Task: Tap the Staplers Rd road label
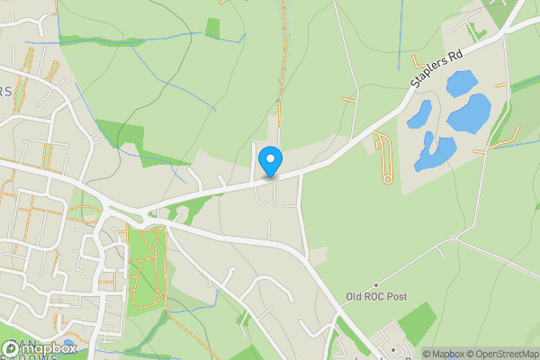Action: (x=436, y=69)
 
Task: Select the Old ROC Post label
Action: (x=377, y=296)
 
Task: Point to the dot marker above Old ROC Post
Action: (x=377, y=284)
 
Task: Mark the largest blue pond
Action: (x=469, y=112)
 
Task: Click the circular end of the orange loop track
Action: (x=388, y=179)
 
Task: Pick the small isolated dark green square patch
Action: (x=212, y=28)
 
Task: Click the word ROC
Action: (x=376, y=296)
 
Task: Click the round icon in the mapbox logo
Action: (x=11, y=347)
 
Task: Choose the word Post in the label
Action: (x=398, y=296)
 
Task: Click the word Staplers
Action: (x=429, y=74)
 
